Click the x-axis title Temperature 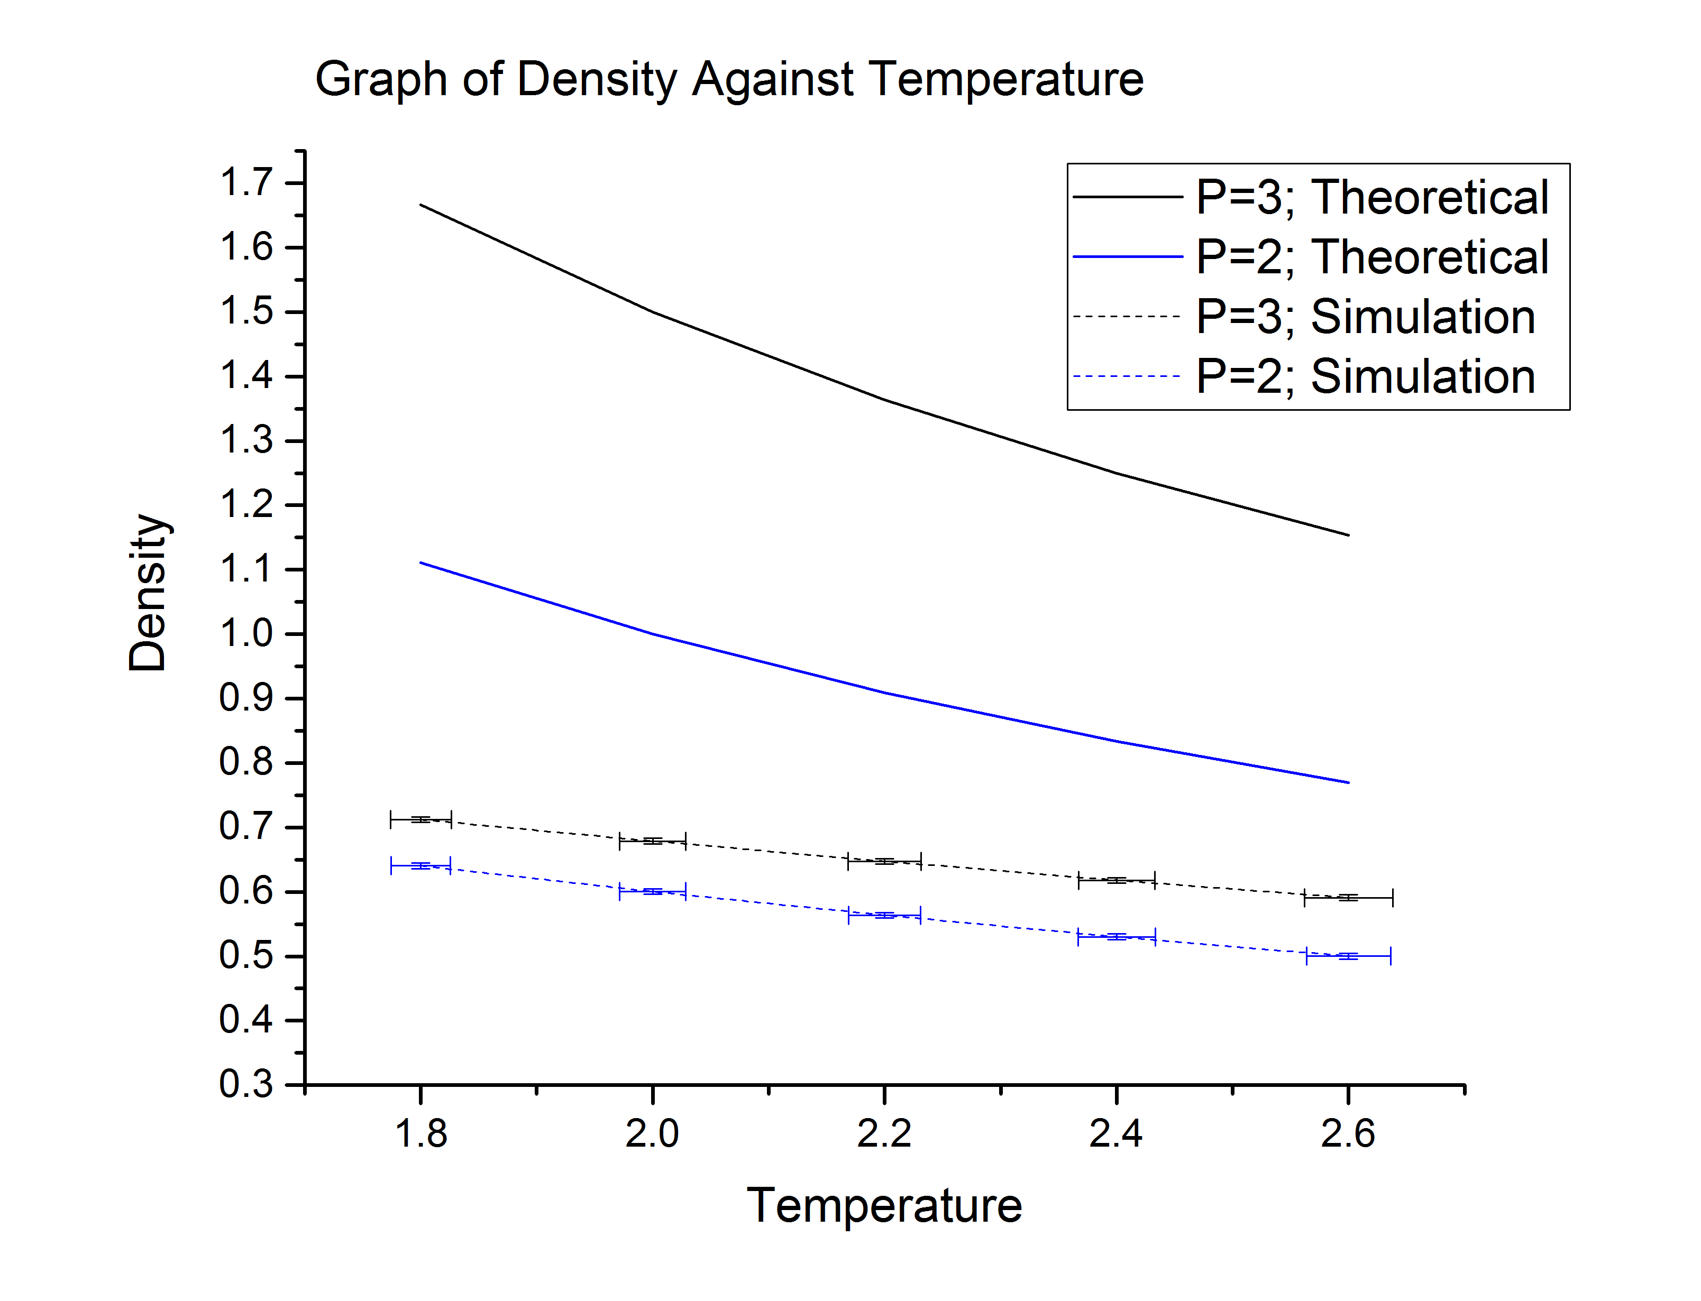[x=884, y=1206]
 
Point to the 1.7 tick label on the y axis [x=246, y=183]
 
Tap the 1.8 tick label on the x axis [x=420, y=1134]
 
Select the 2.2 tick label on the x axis [x=884, y=1134]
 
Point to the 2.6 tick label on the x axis [x=1348, y=1134]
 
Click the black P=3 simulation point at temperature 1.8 [x=420, y=819]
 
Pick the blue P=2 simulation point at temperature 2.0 [x=652, y=891]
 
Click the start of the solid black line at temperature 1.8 [x=420, y=205]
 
